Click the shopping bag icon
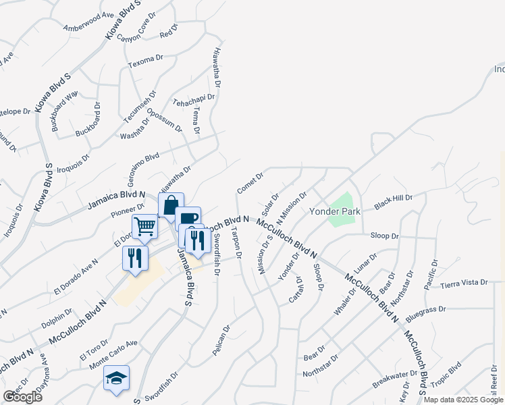point(171,205)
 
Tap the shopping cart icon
point(144,226)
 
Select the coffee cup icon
point(189,217)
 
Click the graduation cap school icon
point(117,377)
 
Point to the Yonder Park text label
point(334,211)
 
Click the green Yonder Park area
point(342,209)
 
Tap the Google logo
point(22,397)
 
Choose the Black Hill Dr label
point(393,201)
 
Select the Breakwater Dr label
point(395,379)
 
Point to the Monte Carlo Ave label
point(113,354)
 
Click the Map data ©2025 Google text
point(464,400)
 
